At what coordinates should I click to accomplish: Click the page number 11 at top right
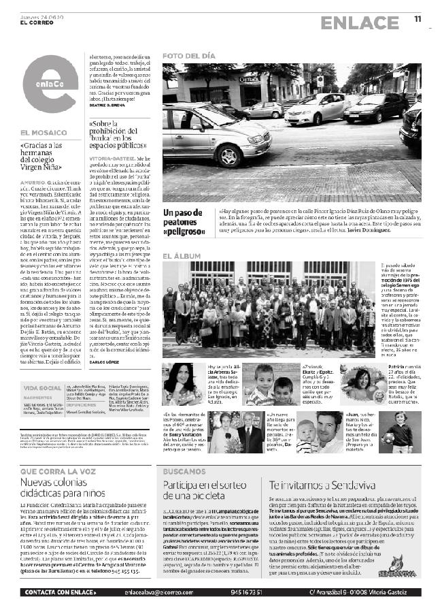tap(418, 20)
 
